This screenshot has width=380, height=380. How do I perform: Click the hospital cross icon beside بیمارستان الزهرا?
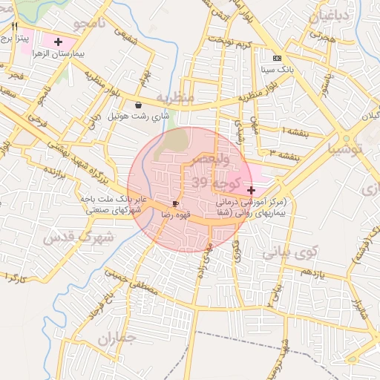pos(59,42)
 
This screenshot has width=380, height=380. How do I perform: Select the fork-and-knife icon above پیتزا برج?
pos(14,26)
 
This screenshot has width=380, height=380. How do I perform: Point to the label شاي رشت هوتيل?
pos(140,117)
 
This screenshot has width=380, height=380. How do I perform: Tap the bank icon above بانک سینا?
pos(277,59)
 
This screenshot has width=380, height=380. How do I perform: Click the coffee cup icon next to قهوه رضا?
pos(175,203)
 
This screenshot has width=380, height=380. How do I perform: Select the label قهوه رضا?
pos(177,214)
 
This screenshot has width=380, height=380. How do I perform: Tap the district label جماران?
pos(117,341)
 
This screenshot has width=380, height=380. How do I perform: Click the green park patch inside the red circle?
pos(177,139)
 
